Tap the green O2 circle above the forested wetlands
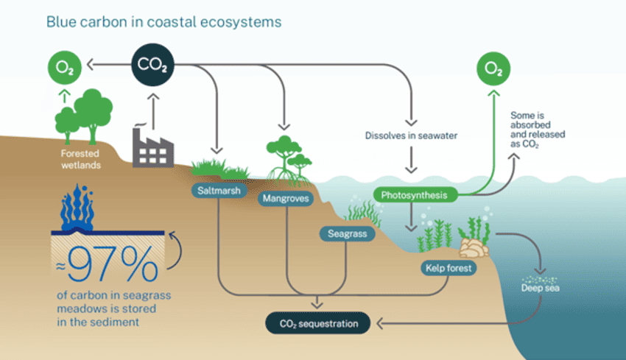64,70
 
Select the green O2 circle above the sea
494,70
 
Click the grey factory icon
152,147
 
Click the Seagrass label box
348,234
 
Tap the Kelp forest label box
448,268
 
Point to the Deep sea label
541,288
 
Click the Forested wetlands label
82,160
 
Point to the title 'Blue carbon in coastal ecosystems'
163,22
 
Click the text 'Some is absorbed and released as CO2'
535,130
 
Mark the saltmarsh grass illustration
218,169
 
